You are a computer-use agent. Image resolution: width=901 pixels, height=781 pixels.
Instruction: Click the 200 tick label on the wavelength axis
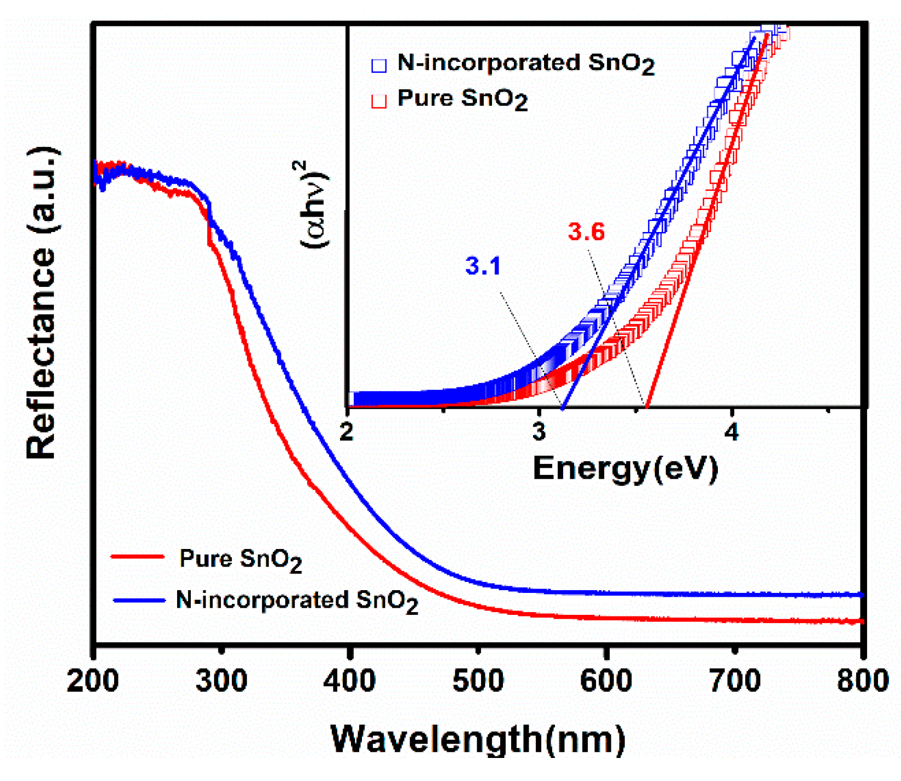[93, 681]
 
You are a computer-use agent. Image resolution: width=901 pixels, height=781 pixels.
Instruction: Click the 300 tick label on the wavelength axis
[221, 681]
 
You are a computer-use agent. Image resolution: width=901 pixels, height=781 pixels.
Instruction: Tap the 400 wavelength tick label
[349, 681]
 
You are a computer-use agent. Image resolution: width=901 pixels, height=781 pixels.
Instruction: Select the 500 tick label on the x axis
[478, 681]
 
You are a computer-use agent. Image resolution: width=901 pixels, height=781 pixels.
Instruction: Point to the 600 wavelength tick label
[606, 681]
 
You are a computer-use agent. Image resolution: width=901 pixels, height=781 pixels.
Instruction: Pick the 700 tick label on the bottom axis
[735, 681]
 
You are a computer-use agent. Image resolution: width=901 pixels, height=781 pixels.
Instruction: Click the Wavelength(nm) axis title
[478, 739]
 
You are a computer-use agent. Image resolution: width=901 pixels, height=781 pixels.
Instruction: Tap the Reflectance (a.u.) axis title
[42, 303]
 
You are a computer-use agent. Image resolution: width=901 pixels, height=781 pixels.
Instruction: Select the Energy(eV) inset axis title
[625, 468]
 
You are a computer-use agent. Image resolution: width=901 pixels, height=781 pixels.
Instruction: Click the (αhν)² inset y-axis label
[315, 204]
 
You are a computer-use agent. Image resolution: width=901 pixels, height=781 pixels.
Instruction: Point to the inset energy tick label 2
[347, 432]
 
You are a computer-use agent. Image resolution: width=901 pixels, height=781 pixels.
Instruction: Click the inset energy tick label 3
[539, 432]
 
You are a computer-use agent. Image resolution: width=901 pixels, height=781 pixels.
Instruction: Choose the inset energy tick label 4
[732, 432]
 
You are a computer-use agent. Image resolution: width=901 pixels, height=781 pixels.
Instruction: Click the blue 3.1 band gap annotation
[483, 266]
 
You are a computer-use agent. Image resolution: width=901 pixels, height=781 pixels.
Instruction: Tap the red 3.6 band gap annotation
[586, 232]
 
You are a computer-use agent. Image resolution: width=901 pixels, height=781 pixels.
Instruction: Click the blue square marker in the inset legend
[379, 65]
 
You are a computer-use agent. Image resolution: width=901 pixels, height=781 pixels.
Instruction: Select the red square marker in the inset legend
[379, 101]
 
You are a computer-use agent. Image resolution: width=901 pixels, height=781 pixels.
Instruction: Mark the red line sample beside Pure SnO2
[138, 557]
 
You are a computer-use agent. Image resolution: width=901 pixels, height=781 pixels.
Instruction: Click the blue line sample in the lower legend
[139, 600]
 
